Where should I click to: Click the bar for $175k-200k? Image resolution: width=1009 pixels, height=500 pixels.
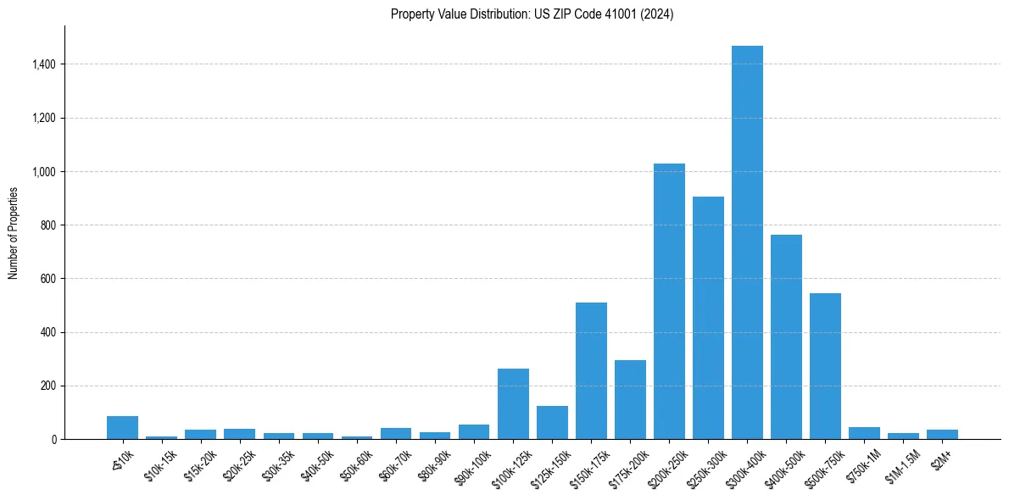coord(630,399)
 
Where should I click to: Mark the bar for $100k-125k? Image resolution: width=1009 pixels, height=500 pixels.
coord(513,403)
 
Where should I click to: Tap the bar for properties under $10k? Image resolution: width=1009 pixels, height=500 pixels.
coord(122,427)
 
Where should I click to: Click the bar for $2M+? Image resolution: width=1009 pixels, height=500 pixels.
coord(942,434)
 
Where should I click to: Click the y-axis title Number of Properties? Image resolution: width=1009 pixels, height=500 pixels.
coord(13,232)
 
